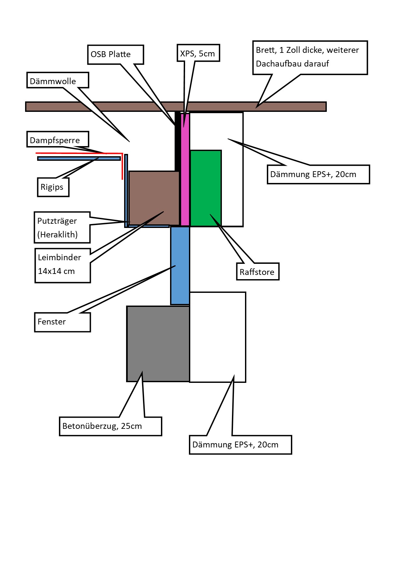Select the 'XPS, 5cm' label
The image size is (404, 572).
point(198,53)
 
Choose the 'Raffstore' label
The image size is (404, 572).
point(257,271)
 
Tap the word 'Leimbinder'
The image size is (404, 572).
point(59,258)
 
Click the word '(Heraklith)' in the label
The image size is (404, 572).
point(57,234)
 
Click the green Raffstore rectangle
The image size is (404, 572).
point(206,188)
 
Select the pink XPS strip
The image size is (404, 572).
point(185,170)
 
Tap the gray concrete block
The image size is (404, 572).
point(158,344)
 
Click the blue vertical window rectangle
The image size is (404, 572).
point(180,265)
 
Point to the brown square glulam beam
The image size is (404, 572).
point(154,198)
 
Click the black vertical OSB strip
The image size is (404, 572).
point(178,140)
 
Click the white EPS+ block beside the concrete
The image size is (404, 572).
point(218,337)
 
